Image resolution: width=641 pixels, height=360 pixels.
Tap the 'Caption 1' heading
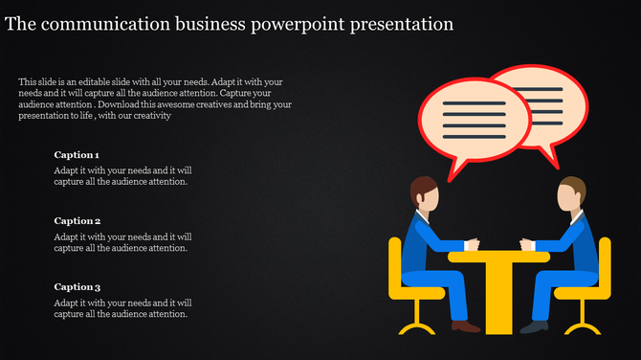77,154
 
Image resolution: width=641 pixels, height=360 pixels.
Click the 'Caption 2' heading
77,220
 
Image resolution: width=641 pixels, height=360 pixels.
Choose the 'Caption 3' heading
77,286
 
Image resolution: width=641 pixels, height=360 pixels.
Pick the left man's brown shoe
465,326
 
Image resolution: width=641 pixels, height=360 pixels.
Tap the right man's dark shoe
533,326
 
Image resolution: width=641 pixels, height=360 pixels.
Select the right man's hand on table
525,244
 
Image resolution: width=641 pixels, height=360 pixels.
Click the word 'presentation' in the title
403,23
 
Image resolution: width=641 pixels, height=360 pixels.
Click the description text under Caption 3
122,307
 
